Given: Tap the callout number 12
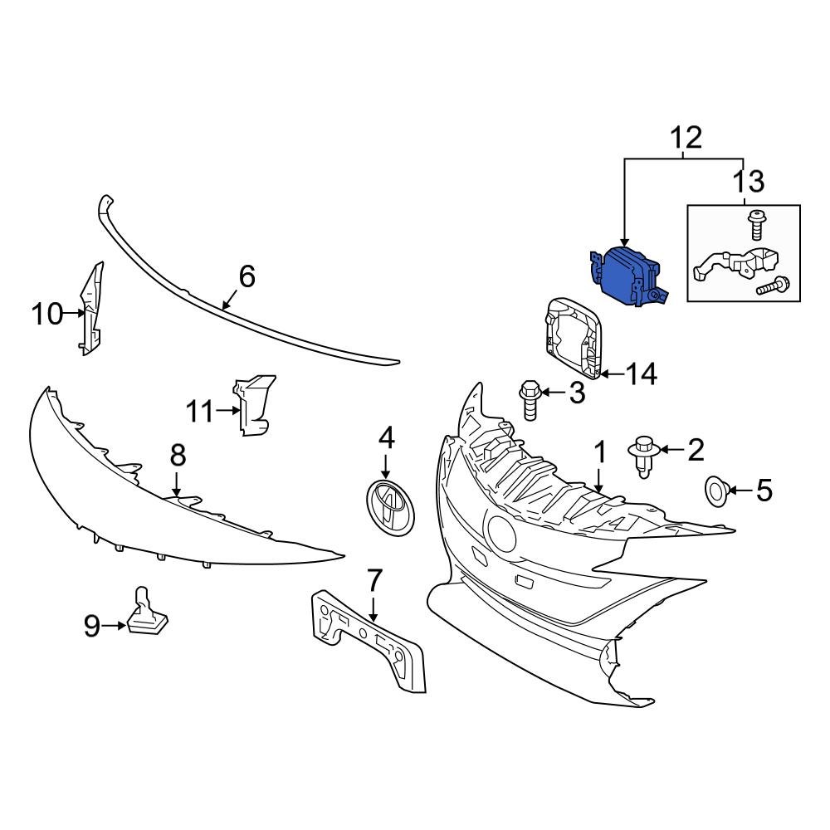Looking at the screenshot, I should [685, 137].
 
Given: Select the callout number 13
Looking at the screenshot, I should [749, 180].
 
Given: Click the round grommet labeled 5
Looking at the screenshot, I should [716, 491].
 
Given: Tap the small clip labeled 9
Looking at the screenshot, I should [146, 613].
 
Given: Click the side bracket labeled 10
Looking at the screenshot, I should [92, 310].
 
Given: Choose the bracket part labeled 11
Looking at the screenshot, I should [253, 404].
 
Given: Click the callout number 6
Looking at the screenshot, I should [247, 276].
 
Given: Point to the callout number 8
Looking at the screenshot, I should [178, 455].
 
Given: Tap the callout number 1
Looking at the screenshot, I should [599, 452].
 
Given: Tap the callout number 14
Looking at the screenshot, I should [641, 375].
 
